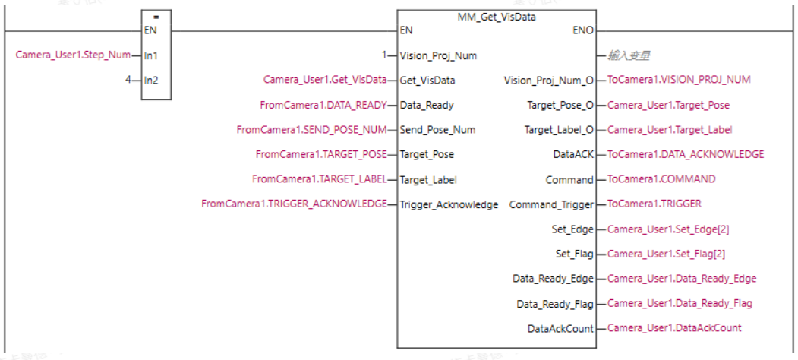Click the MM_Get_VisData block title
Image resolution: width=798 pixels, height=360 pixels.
(x=497, y=17)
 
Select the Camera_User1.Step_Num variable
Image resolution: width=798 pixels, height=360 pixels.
(x=73, y=55)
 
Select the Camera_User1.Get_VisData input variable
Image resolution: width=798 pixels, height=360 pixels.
(x=324, y=80)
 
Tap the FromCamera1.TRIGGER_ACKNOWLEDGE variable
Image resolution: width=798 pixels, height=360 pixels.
(x=294, y=204)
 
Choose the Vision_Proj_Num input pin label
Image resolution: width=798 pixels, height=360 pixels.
(x=438, y=55)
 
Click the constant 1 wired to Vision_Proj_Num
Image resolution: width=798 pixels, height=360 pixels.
(x=384, y=55)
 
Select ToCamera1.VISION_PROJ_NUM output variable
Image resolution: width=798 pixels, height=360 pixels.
(x=680, y=80)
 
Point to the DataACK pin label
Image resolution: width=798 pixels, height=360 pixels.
(x=573, y=154)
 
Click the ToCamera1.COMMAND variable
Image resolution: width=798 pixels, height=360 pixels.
(x=654, y=179)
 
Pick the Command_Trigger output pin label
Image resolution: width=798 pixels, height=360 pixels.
(x=551, y=204)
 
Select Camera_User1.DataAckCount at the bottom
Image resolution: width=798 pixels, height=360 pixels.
(x=674, y=327)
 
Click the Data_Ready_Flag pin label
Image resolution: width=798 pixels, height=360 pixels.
(x=555, y=304)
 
